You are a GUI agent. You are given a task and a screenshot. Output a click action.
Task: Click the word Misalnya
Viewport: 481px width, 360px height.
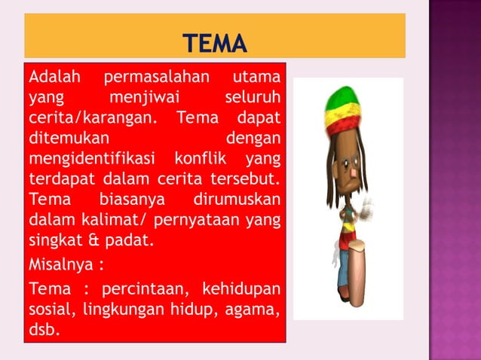[61, 266]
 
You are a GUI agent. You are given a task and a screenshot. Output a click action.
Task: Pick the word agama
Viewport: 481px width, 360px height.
[259, 310]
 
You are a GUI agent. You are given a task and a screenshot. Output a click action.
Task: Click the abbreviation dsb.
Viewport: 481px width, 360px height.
[42, 330]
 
